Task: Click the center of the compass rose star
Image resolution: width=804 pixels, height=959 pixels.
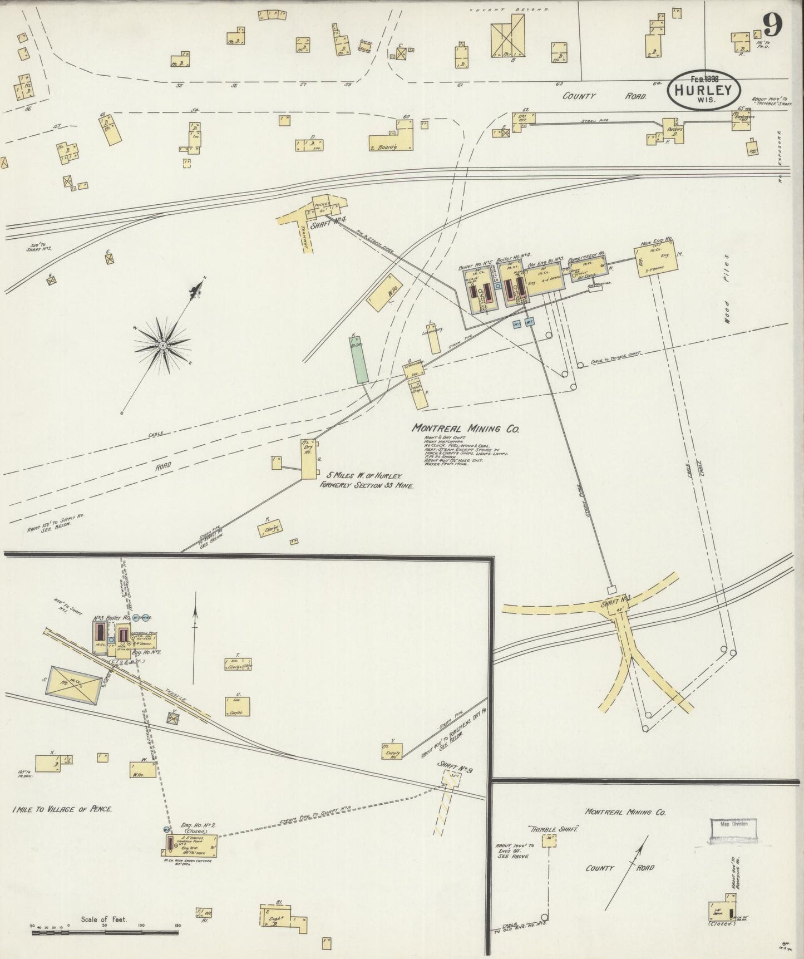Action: pyautogui.click(x=162, y=346)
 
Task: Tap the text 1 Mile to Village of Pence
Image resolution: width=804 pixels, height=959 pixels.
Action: pyautogui.click(x=61, y=809)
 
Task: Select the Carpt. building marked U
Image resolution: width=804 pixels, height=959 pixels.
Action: pyautogui.click(x=238, y=706)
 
